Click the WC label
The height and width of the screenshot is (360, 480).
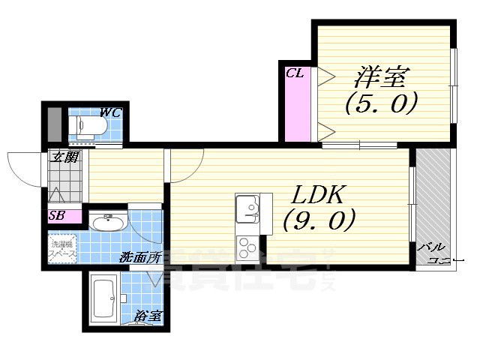coord(111,113)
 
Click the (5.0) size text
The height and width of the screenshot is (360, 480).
coord(380,103)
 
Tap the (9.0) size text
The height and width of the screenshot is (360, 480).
coord(318,220)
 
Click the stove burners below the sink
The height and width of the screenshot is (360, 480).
coord(246,246)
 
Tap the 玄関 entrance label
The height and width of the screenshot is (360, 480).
coord(65,157)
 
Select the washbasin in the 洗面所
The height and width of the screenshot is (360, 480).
coord(109,222)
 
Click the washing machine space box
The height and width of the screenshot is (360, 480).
coord(63,249)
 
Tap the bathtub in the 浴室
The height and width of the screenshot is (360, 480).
coord(103,298)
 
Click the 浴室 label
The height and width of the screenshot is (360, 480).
coord(148,317)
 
